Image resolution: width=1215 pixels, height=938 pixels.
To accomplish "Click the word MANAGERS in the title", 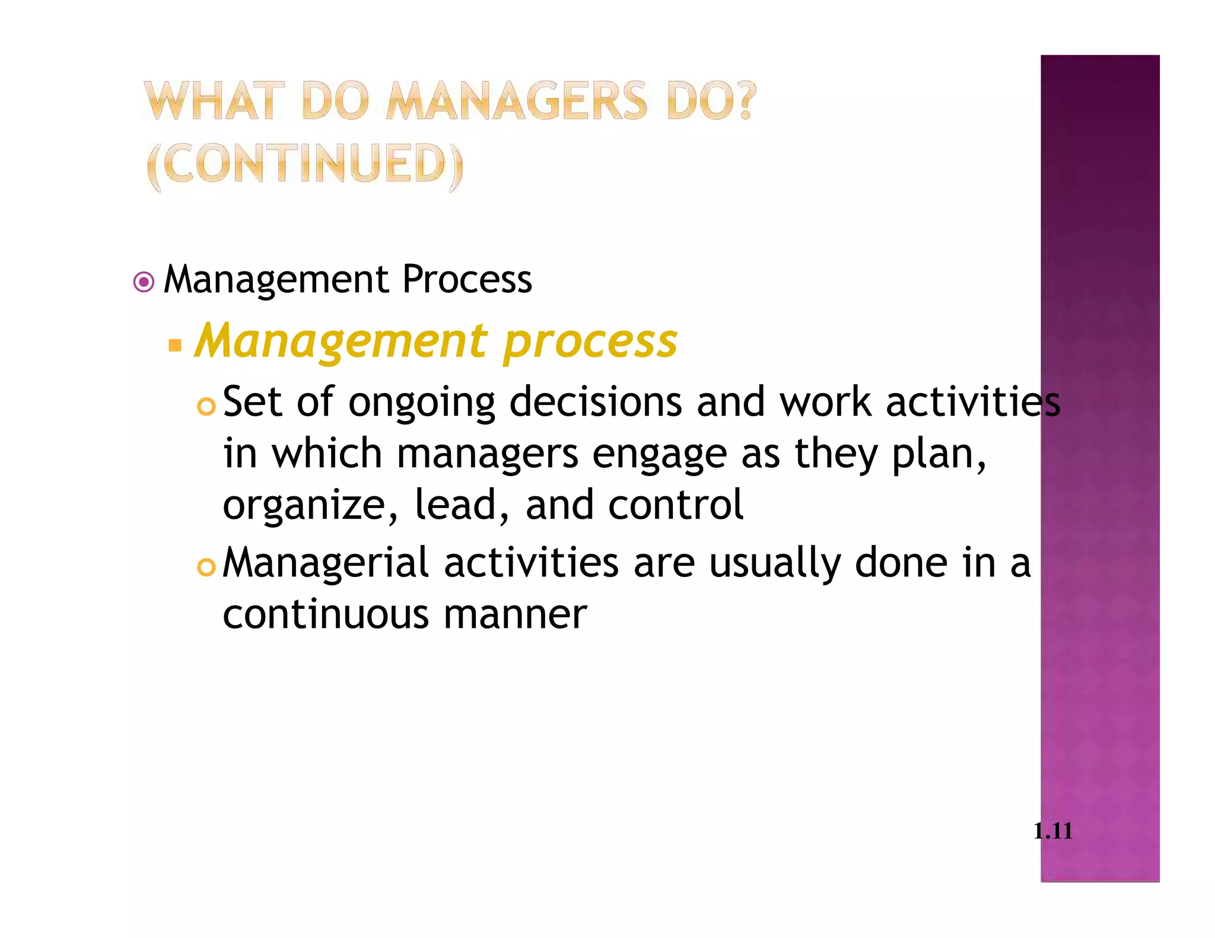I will [517, 101].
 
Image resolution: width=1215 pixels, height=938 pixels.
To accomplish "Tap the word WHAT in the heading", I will [210, 101].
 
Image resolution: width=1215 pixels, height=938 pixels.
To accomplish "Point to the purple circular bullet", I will [144, 282].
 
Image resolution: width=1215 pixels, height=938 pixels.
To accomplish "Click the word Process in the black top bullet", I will [467, 280].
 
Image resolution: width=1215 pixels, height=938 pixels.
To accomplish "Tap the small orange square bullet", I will [174, 345].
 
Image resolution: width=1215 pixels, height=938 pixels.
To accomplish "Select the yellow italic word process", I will [590, 343].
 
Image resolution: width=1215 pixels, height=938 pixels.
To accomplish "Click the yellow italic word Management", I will [342, 343].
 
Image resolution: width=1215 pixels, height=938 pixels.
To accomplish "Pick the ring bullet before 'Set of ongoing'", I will [206, 407].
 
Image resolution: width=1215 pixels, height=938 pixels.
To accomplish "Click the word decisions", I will [596, 403].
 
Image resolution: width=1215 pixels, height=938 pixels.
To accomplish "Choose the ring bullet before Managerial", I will [206, 568].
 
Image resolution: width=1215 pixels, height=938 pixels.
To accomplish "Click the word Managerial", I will [325, 564].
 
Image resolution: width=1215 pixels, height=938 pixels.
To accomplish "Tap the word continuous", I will [326, 614].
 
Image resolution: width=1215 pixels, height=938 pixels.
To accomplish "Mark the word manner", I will [515, 615].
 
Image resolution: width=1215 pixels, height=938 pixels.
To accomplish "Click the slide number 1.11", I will [1052, 831].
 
